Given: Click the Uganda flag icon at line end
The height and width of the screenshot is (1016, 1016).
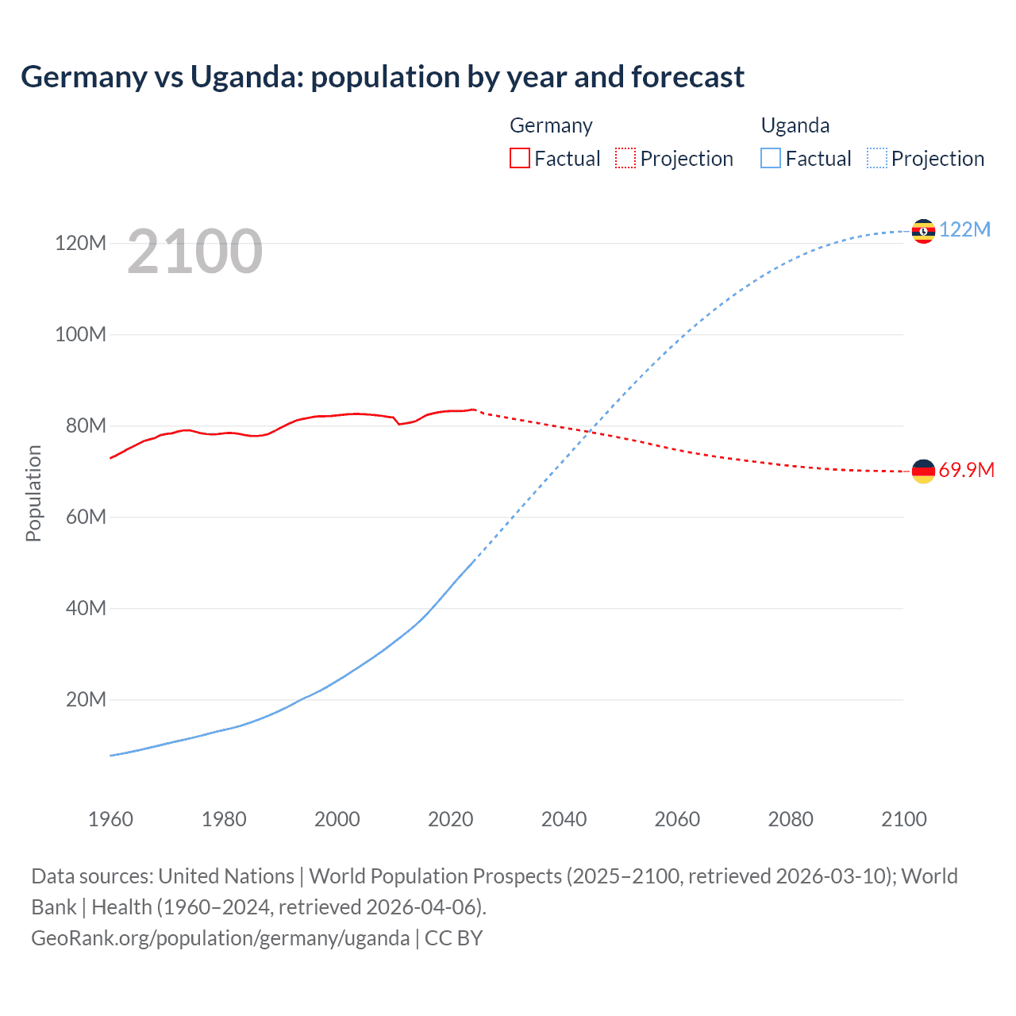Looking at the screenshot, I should coord(923,231).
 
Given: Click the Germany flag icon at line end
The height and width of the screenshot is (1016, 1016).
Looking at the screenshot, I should coord(923,471).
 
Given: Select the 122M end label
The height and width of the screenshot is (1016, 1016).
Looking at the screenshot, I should coord(964,229).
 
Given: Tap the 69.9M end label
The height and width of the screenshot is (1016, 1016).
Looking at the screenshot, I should coord(966,470).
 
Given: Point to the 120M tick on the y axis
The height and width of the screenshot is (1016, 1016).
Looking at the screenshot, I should coord(80,243).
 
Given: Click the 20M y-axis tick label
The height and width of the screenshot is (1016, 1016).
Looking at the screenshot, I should coord(86,699).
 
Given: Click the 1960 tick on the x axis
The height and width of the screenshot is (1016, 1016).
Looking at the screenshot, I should coord(110,819).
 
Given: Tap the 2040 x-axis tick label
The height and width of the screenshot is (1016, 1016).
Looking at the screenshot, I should coord(564,819).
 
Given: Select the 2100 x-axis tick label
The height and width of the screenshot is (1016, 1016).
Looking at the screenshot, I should coord(903,819).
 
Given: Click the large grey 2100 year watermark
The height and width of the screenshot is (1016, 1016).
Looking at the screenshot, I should coord(194,252).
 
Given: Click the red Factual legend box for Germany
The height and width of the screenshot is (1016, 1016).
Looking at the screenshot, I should coord(519,158).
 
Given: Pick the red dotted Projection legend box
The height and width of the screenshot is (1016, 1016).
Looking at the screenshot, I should coord(625,158).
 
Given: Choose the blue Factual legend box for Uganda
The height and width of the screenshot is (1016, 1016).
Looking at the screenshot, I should coord(770,158).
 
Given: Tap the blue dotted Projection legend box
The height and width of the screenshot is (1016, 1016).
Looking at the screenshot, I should coord(876,158).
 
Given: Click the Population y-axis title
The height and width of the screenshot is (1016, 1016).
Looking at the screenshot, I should coord(33,493).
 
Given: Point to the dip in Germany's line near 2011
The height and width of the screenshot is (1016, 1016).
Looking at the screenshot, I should coord(399,424).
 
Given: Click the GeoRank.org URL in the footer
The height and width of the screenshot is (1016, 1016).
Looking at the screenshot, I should coord(220,937).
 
